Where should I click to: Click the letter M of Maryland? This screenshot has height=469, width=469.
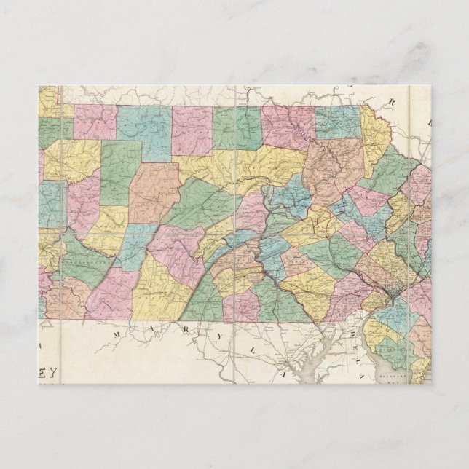click(117, 334)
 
